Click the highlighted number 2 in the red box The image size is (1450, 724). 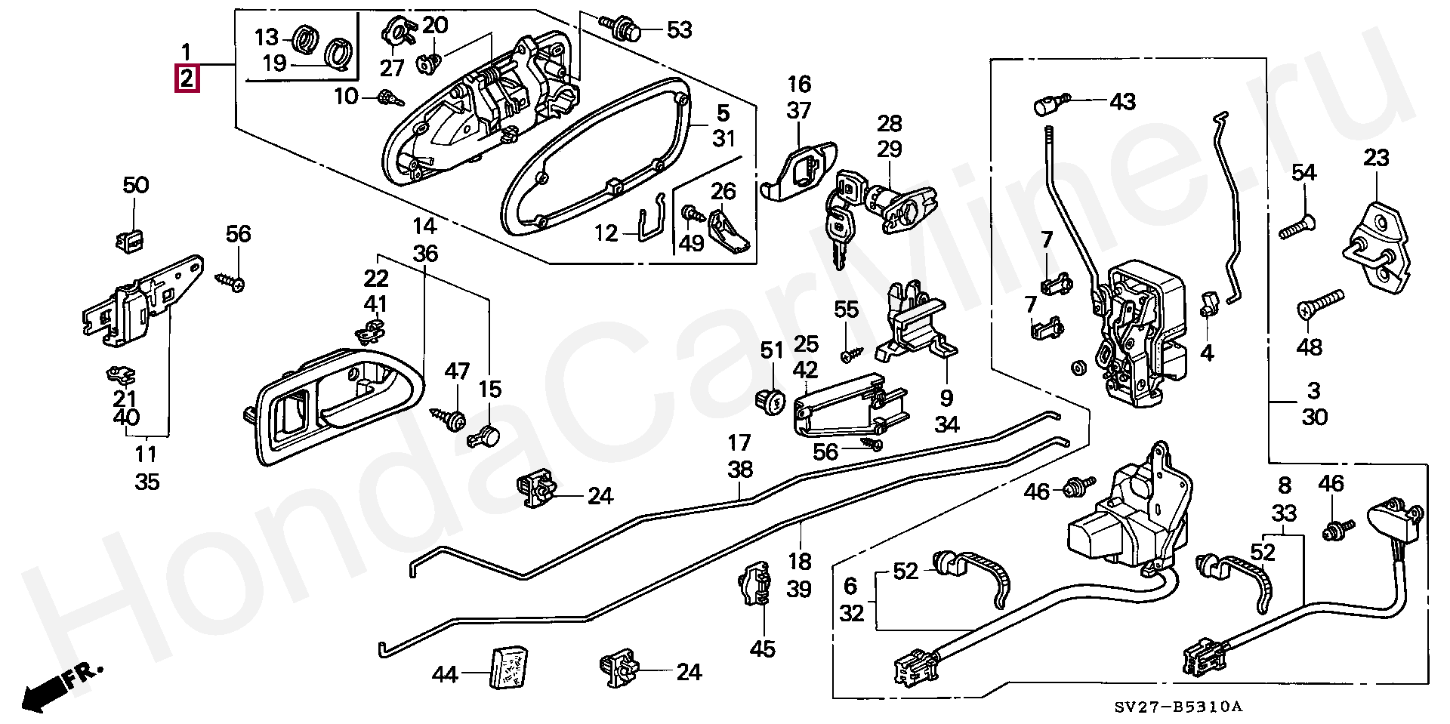point(187,79)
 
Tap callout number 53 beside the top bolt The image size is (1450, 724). point(679,30)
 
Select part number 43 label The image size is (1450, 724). point(1122,101)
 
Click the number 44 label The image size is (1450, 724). point(445,673)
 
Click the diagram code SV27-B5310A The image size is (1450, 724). point(1178,707)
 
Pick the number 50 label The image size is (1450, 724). point(136,185)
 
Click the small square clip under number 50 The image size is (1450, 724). point(131,240)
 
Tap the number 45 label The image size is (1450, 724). point(763,649)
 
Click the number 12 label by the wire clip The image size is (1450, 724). point(606,233)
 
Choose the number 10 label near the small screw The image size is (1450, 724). point(346,97)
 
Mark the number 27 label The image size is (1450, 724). point(392,69)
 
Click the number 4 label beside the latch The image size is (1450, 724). point(1207,353)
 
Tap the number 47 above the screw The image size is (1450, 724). point(457,371)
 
